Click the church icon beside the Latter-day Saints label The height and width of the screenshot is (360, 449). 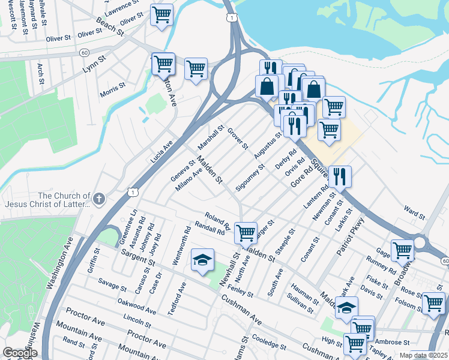click(99, 199)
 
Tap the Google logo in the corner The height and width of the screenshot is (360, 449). click(20, 353)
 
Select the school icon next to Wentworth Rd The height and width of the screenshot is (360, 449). click(203, 259)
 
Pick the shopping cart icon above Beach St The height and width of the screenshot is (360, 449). click(161, 14)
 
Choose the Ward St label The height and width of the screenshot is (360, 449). click(414, 212)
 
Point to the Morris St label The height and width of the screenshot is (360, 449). click(113, 91)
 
